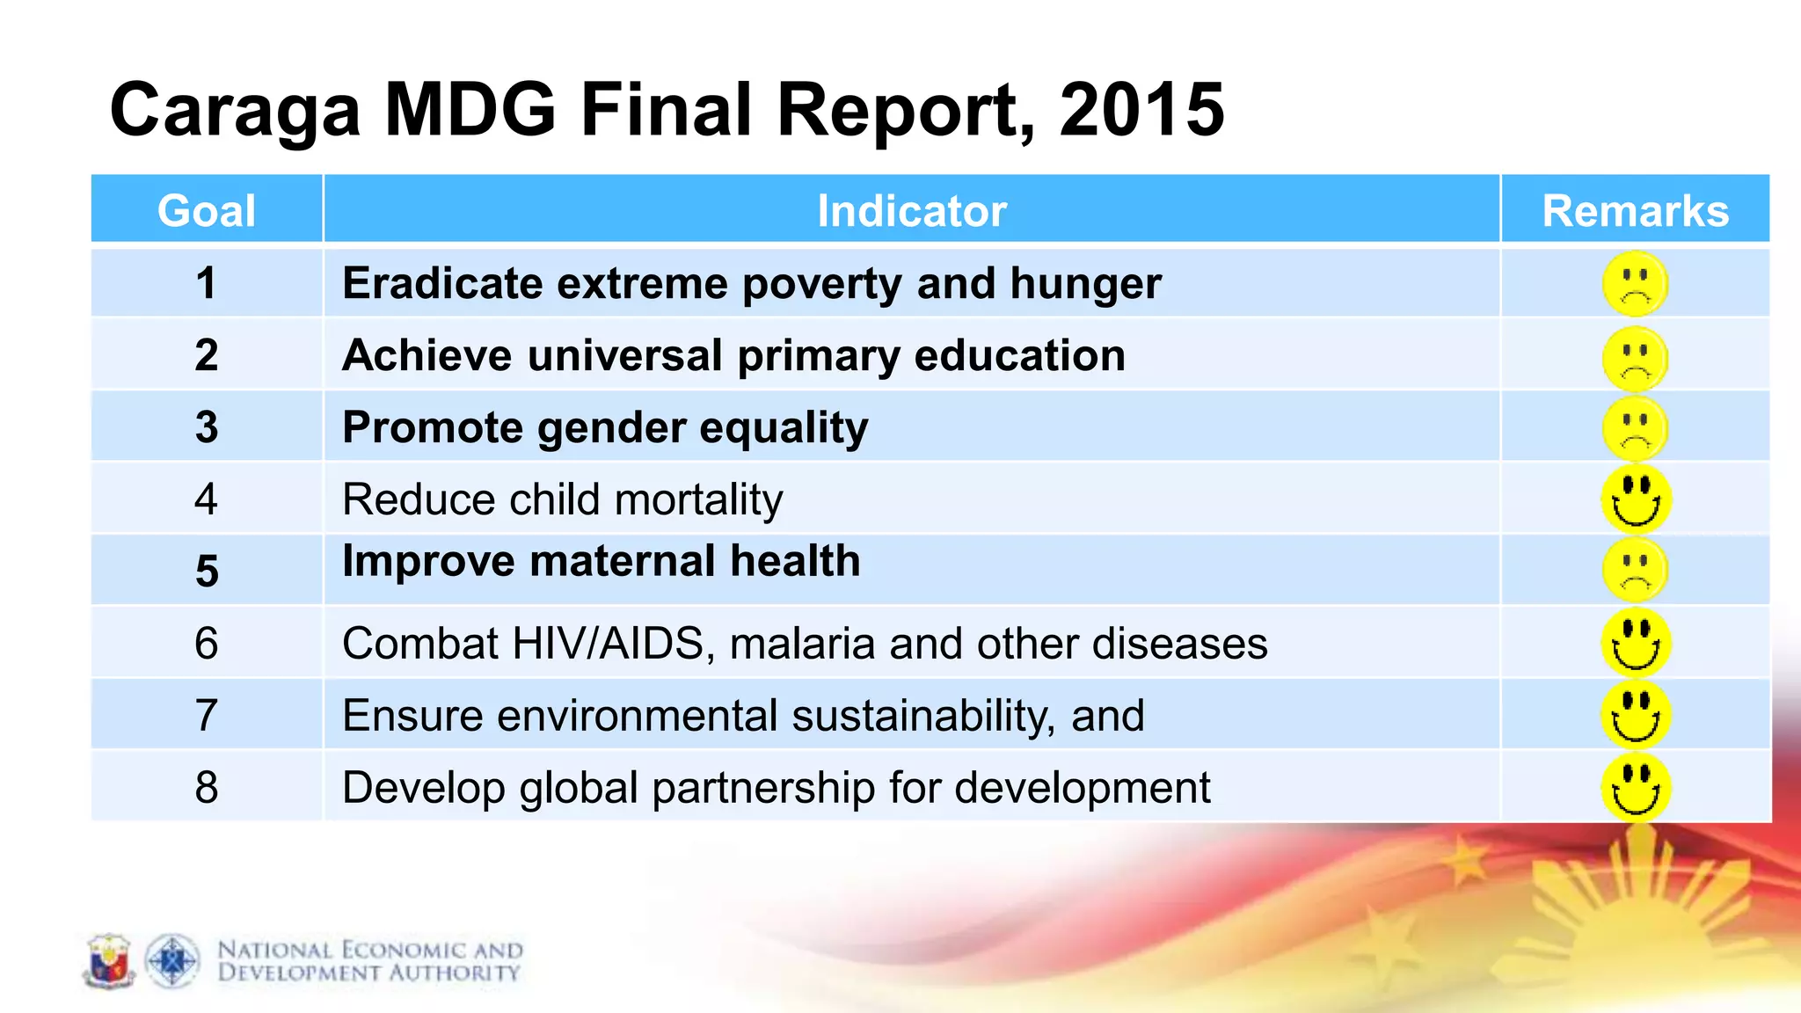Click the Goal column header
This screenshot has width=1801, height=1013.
[206, 211]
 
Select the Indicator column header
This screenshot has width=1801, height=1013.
[911, 211]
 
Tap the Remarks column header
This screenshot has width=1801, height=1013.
[1635, 211]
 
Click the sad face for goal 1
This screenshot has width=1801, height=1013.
[1635, 284]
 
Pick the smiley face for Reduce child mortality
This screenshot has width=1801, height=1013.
[1635, 499]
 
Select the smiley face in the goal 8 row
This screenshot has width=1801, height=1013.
[1635, 787]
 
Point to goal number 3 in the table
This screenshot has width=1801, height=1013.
[206, 427]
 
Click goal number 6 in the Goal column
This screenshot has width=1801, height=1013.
[206, 643]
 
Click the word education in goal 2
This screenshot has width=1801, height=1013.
[1019, 355]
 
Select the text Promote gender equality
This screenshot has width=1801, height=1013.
[605, 427]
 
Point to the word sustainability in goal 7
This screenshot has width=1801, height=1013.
[922, 715]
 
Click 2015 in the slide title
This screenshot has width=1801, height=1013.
[1141, 110]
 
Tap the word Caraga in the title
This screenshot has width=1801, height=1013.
[236, 110]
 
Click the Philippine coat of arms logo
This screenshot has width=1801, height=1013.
[109, 961]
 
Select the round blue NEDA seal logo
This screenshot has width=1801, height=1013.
[172, 961]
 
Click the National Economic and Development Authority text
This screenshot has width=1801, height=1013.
[369, 961]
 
